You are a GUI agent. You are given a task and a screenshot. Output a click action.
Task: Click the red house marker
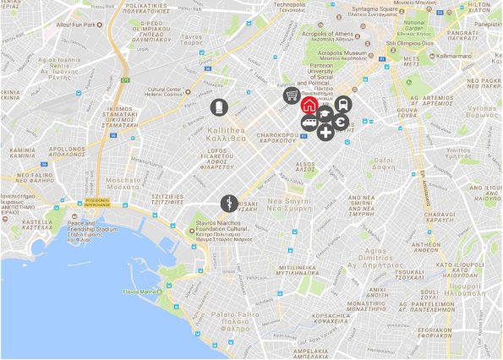[309, 106]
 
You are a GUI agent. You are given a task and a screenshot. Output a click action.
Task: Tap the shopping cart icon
[292, 95]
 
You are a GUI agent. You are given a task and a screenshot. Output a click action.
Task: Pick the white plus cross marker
[325, 132]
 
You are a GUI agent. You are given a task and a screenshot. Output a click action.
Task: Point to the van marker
[309, 125]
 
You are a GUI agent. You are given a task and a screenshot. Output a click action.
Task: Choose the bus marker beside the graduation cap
[342, 104]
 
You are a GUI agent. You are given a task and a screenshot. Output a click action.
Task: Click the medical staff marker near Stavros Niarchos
[228, 203]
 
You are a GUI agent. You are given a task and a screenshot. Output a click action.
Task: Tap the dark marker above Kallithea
[219, 106]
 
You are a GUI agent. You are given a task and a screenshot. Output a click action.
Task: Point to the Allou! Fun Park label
[74, 25]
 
